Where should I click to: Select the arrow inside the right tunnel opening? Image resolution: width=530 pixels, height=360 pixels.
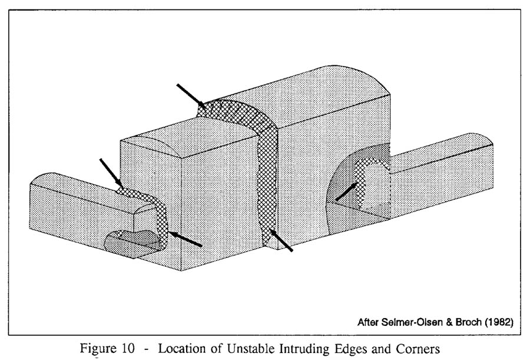346,191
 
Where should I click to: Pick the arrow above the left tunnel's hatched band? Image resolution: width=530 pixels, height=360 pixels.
110,171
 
